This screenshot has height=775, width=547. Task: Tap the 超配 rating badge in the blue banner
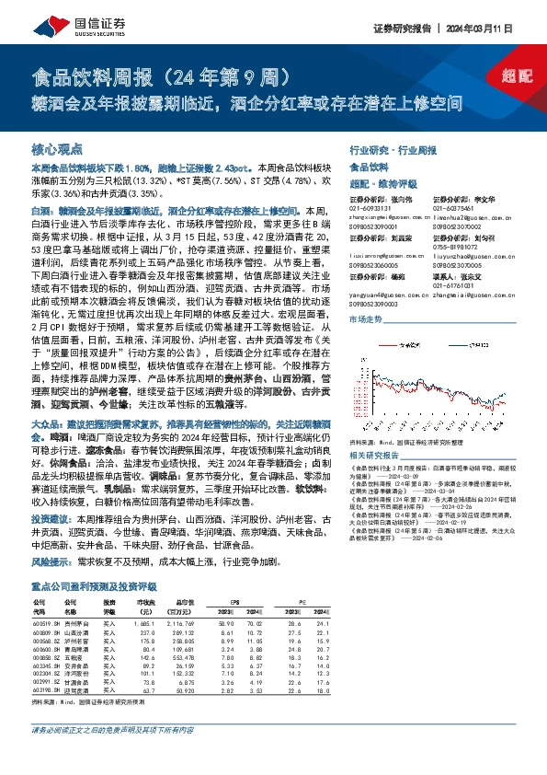click(516, 77)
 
